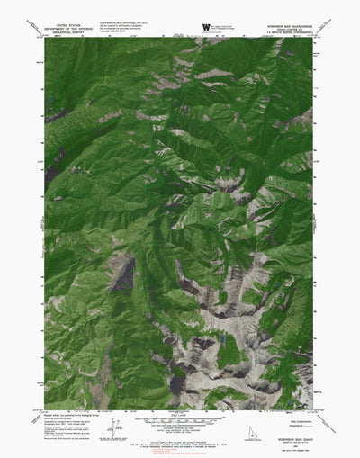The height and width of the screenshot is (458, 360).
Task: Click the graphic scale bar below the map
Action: tap(180, 419)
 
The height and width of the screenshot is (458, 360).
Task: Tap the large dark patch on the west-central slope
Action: tap(122, 272)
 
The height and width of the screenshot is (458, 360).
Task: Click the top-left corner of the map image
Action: tap(44, 38)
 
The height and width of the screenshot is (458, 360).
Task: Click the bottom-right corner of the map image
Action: tap(316, 408)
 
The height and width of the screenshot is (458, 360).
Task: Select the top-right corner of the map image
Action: tap(316, 38)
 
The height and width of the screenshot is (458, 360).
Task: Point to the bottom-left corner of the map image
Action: tap(44, 408)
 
